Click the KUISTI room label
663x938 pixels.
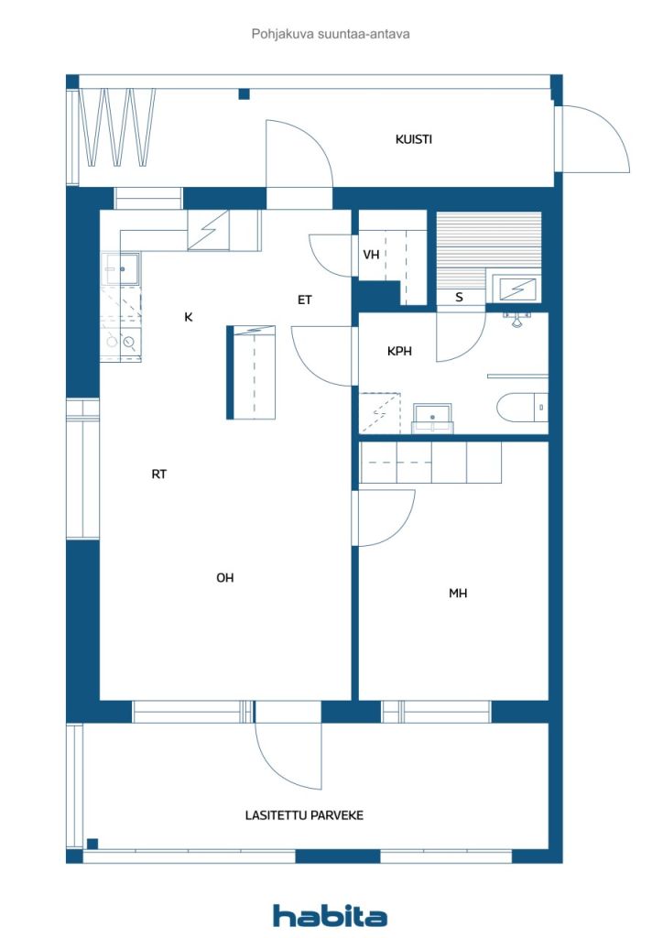(413, 140)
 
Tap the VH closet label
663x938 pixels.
(371, 255)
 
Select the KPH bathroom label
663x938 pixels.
(399, 351)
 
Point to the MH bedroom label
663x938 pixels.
(458, 594)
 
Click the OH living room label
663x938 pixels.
(225, 577)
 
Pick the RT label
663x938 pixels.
(159, 474)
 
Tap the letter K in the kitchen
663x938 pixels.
(189, 317)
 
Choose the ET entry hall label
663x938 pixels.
(305, 300)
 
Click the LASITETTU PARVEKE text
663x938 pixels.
(304, 814)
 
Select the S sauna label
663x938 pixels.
(459, 297)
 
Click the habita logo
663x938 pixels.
(330, 915)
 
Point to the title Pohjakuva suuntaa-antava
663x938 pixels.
(331, 34)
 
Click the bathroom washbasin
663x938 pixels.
(431, 418)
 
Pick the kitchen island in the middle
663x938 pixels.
(250, 372)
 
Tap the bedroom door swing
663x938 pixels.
(385, 518)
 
